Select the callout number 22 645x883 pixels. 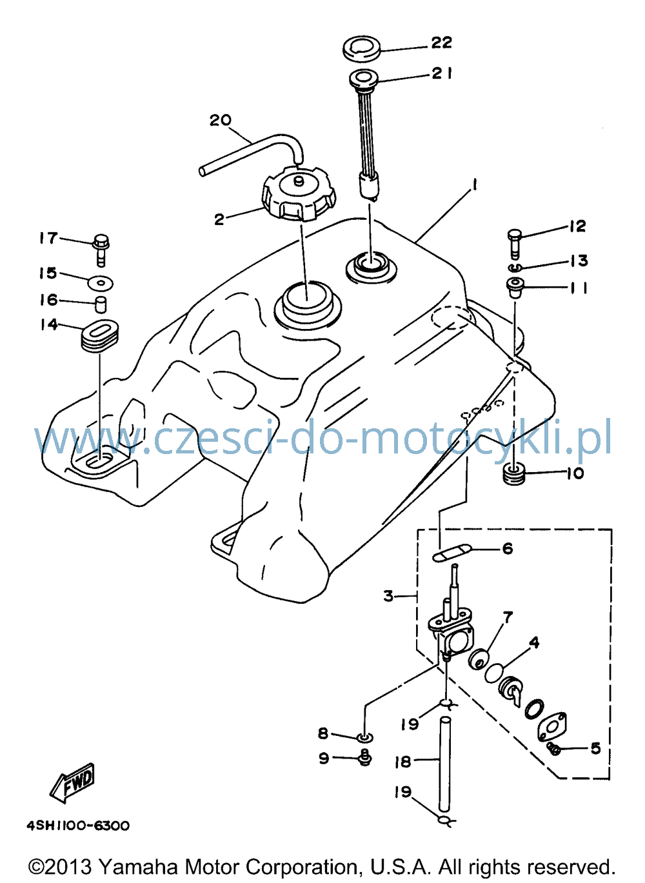[441, 43]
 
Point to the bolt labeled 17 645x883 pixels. [101, 249]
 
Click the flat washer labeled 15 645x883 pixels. [101, 283]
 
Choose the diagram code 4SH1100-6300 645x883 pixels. [78, 826]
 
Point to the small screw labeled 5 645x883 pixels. [555, 748]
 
